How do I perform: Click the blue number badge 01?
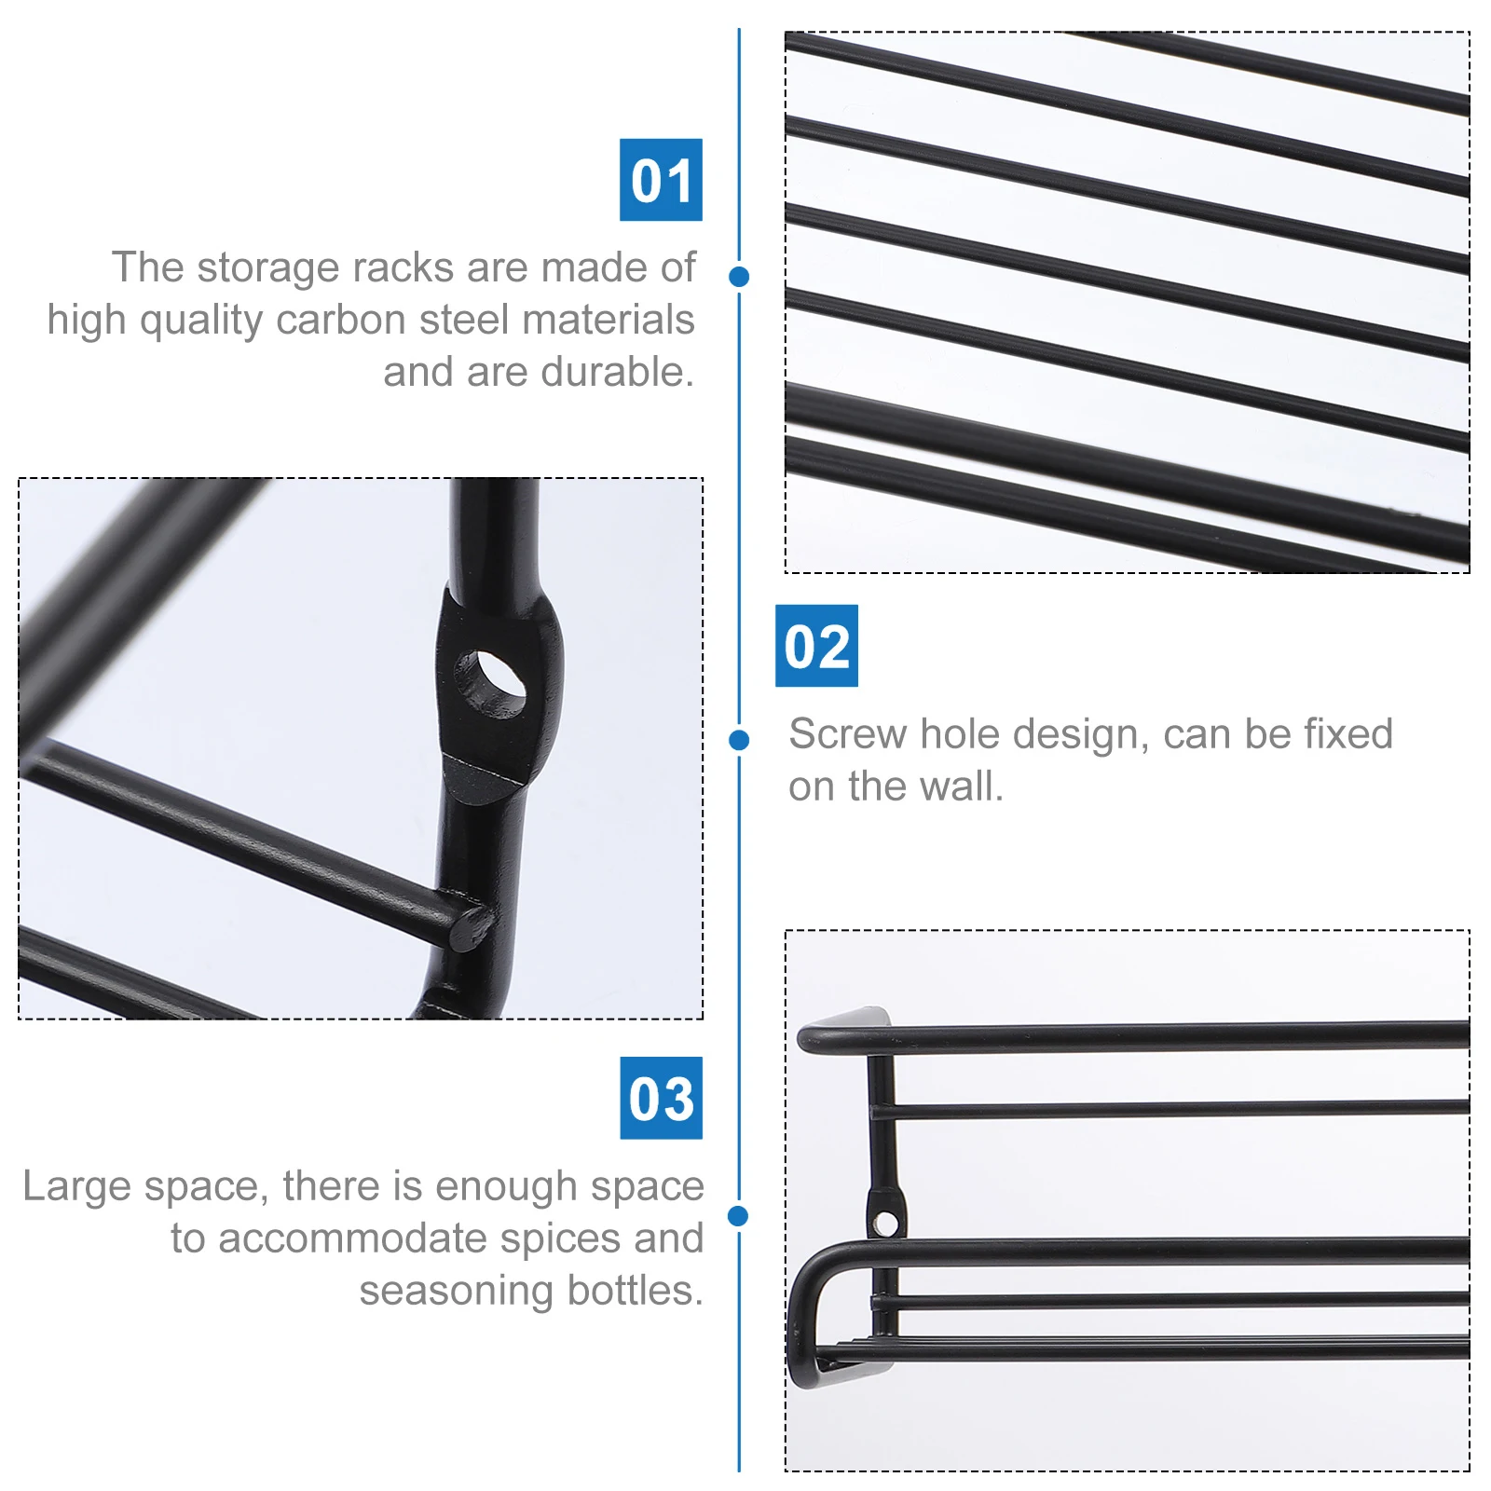(661, 180)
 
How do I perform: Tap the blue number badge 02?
(816, 646)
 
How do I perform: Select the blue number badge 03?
(661, 1098)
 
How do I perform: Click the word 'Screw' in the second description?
(847, 734)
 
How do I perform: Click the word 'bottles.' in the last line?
(635, 1291)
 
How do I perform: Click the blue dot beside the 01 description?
(739, 277)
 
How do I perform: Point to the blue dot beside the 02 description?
(739, 740)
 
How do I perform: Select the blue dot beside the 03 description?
(739, 1215)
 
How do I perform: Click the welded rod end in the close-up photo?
(471, 925)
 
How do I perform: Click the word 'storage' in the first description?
(268, 267)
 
